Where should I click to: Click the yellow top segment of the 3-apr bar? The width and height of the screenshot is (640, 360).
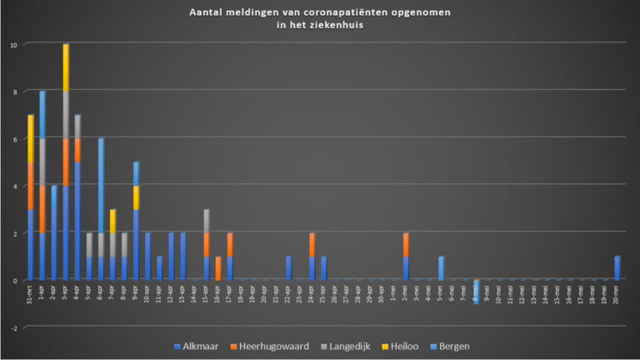coord(66,67)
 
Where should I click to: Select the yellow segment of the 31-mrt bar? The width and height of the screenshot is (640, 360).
coord(31,138)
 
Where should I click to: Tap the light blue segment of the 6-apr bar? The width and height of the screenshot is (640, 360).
coord(101,185)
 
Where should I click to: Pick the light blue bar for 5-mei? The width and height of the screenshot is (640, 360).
coord(442,268)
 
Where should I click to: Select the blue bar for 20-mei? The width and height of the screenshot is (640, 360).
coord(617,268)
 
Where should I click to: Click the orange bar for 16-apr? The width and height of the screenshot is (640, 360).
coord(218,268)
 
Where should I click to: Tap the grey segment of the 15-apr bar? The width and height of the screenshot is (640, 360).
coord(207,221)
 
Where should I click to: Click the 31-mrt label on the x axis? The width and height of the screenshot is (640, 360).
coord(31,293)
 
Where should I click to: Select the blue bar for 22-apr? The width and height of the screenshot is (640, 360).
coord(288,268)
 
